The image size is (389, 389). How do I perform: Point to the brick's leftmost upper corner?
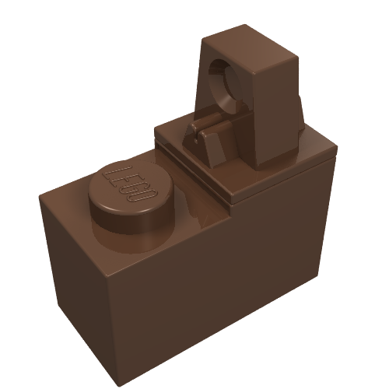coord(40,196)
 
